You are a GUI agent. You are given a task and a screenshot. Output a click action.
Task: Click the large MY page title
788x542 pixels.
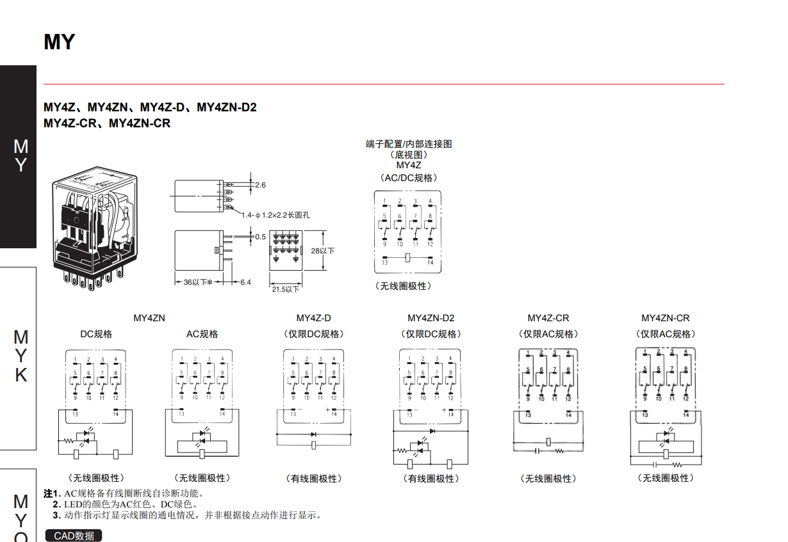click(x=60, y=42)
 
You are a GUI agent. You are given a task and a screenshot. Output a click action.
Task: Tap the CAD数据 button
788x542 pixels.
click(x=74, y=536)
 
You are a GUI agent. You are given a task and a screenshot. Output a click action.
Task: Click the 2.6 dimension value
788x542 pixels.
click(x=260, y=185)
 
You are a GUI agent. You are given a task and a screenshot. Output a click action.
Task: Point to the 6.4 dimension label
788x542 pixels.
click(x=245, y=282)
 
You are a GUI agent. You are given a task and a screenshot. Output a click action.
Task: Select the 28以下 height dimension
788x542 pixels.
click(x=323, y=251)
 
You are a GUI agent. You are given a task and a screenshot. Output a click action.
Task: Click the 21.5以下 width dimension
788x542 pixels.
click(x=285, y=289)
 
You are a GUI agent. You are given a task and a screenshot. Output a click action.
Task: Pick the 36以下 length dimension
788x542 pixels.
click(x=197, y=282)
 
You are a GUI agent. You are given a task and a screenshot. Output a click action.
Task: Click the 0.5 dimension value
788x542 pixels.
click(x=260, y=237)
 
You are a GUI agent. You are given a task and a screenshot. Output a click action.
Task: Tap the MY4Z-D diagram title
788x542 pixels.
click(x=314, y=318)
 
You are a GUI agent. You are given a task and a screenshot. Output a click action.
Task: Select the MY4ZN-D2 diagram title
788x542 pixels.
click(x=431, y=318)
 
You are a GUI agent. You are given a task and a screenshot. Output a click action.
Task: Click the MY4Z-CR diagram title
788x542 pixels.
click(x=548, y=318)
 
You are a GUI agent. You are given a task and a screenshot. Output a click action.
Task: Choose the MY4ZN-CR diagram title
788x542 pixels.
click(x=666, y=318)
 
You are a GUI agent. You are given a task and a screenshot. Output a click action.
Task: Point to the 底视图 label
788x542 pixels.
click(x=409, y=154)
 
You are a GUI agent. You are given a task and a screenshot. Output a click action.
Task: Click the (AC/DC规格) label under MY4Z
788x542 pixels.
click(x=409, y=177)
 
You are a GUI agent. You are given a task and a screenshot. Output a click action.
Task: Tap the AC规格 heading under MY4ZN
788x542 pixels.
click(x=202, y=334)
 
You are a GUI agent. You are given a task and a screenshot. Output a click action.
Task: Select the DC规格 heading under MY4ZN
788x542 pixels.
click(x=96, y=334)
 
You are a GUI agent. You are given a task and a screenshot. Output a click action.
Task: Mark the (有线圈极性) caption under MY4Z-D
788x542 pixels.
click(x=314, y=479)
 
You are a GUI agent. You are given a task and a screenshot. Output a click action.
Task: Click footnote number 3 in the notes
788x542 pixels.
click(x=57, y=515)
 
